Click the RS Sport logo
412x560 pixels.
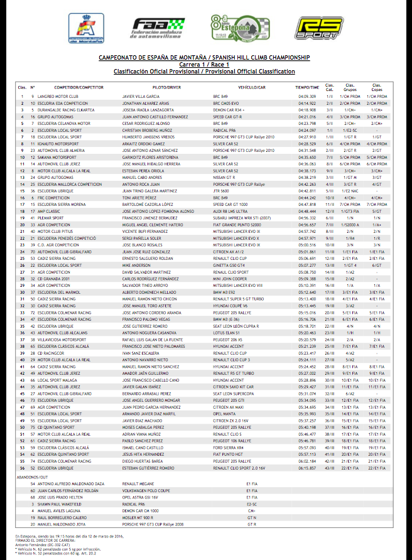pos(319,28)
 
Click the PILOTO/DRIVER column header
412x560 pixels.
pos(166,87)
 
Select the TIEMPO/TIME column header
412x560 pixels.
pos(307,87)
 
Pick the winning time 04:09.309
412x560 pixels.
pos(307,96)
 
